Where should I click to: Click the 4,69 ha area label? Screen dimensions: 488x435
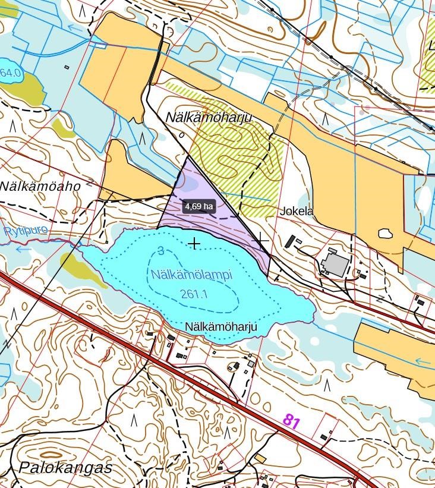[198, 206]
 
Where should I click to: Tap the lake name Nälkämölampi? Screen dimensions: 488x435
[191, 276]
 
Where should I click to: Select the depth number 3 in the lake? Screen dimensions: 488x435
[161, 251]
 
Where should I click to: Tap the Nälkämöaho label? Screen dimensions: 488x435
[40, 186]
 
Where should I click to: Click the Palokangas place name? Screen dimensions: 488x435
[65, 467]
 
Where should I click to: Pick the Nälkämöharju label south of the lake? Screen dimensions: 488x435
[220, 327]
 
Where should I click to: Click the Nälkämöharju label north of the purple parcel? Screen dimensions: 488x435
[209, 118]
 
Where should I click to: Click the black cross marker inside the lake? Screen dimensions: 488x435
[194, 244]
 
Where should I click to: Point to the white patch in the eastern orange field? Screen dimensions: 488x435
[385, 233]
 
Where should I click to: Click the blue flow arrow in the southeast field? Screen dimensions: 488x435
[423, 361]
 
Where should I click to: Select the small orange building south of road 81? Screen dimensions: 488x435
[261, 458]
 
